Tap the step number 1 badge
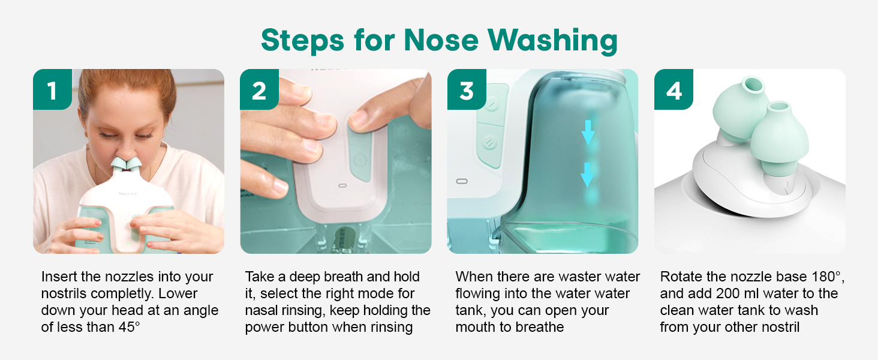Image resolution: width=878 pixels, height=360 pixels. tap(52, 90)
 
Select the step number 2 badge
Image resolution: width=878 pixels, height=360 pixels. tap(259, 90)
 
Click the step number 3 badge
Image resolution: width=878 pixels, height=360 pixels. tap(467, 90)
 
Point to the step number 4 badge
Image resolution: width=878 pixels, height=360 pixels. tap(673, 90)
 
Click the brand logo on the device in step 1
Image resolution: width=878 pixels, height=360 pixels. tap(128, 193)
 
